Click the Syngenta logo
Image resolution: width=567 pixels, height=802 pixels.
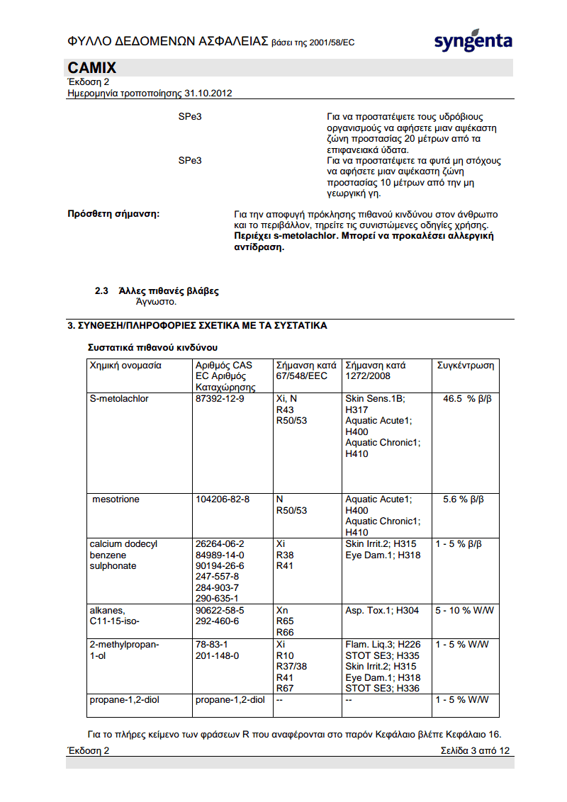point(473,41)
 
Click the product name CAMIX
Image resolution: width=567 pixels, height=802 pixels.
point(92,68)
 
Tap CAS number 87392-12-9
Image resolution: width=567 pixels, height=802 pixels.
point(220,399)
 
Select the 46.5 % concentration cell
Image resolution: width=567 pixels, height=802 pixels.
point(467,399)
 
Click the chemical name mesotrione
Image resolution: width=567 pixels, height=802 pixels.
point(116,499)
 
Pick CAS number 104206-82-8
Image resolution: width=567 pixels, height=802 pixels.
point(223,499)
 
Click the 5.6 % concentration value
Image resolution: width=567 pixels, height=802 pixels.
point(464,499)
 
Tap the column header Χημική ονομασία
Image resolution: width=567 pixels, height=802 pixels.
point(125,366)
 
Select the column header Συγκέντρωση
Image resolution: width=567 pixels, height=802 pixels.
point(466,366)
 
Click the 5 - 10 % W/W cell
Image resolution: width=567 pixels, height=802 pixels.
point(464,610)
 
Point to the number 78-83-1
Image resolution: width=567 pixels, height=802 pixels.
point(211,645)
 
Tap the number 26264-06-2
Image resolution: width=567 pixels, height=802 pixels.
point(220,544)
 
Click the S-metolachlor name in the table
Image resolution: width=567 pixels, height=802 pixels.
point(119,399)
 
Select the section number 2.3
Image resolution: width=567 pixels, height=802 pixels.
point(101,291)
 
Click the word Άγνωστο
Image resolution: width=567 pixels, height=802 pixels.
point(155,302)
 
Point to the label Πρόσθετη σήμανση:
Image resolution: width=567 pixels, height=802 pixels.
point(113,213)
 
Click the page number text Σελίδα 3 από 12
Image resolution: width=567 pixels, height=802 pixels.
point(474,750)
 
